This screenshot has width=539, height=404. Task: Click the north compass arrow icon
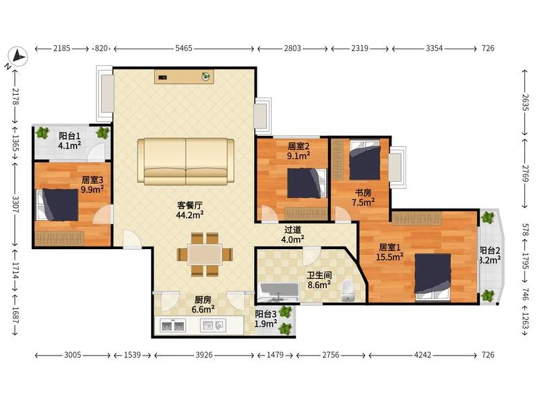tap(18, 57)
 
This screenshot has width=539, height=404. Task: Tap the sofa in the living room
tap(186, 162)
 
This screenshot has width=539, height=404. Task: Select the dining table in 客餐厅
tap(205, 255)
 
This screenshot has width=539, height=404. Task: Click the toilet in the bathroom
tap(348, 291)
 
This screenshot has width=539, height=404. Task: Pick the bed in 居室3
tap(57, 205)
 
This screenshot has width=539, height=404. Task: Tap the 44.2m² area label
tap(190, 215)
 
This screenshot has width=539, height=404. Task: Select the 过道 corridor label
tap(292, 230)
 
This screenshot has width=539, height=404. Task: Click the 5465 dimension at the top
tap(184, 48)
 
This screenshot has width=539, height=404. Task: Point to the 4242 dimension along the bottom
tap(422, 355)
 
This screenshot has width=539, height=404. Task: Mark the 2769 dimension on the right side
tap(526, 174)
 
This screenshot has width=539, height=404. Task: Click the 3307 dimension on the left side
tap(15, 205)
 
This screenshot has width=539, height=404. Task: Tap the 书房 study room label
tap(363, 193)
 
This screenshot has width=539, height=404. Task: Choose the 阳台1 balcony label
tap(69, 136)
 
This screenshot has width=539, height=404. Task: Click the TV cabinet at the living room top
tap(184, 77)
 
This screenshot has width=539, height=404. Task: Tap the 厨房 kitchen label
tap(203, 300)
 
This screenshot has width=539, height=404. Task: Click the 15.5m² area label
tap(389, 257)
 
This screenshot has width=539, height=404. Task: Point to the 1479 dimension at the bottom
tap(275, 355)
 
